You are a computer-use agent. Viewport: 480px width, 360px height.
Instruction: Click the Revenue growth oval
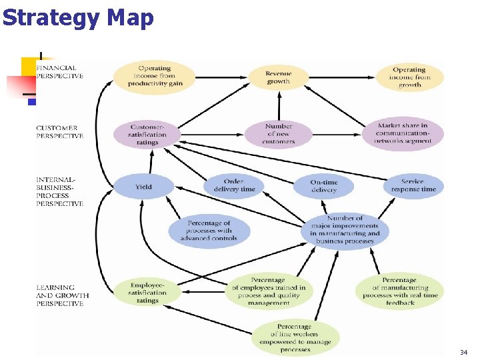[279, 77]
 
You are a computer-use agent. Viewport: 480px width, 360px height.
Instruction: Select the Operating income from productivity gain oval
[155, 75]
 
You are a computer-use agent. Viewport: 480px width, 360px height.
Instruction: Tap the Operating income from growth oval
[409, 77]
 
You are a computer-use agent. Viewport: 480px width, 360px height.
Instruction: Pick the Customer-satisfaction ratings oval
[147, 134]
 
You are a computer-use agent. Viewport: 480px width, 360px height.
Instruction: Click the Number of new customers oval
[279, 133]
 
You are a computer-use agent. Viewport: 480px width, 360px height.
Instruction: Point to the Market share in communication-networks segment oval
[402, 133]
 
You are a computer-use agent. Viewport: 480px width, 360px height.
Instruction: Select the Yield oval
[143, 187]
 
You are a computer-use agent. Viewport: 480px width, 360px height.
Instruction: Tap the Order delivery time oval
[234, 185]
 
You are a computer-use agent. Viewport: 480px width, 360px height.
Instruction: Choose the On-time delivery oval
[324, 186]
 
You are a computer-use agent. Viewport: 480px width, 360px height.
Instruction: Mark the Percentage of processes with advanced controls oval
[209, 231]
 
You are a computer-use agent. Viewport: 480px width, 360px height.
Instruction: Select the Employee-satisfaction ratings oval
[147, 292]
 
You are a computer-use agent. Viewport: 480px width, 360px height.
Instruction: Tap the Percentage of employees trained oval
[268, 291]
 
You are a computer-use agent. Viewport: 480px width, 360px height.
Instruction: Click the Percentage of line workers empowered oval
[295, 338]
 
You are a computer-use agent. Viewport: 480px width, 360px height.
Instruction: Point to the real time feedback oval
[400, 291]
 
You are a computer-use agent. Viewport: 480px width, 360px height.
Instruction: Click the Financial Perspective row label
[59, 71]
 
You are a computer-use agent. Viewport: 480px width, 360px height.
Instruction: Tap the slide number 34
[463, 351]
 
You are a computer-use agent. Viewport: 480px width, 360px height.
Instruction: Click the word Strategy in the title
[51, 17]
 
